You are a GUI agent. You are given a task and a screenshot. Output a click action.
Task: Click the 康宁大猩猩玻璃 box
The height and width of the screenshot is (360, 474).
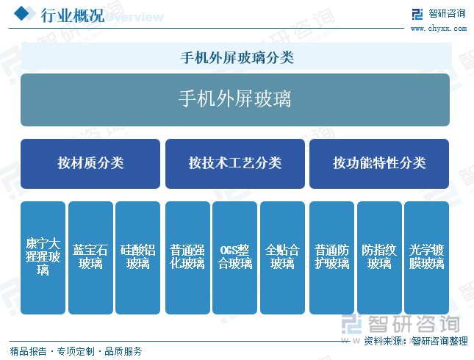tap(43, 258)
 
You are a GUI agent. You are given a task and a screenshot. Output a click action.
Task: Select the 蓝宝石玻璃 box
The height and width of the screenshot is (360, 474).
tap(90, 258)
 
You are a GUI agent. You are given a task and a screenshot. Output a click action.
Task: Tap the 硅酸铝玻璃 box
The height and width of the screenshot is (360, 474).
tap(138, 258)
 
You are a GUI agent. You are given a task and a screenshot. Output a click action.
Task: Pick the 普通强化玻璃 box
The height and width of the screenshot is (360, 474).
tap(187, 258)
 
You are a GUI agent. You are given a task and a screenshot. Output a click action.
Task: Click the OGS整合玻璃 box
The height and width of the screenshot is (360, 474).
tap(235, 258)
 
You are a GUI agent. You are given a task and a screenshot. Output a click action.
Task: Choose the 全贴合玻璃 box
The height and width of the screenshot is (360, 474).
tap(282, 258)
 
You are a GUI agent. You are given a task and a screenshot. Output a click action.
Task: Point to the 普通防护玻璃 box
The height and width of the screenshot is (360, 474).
tap(331, 258)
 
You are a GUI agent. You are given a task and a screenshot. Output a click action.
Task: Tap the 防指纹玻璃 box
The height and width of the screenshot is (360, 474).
tap(379, 258)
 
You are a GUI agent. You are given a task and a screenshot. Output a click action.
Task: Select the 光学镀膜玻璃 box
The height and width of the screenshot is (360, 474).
tap(426, 258)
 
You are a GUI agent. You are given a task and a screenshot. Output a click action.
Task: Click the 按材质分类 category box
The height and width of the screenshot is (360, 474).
tap(90, 164)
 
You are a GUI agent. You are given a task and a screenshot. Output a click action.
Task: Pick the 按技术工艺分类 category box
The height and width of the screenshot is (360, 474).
tap(235, 164)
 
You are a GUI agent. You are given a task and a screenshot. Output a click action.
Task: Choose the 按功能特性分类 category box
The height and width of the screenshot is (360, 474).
tap(379, 164)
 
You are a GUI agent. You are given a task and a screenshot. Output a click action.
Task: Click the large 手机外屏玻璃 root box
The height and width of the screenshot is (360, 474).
tap(235, 100)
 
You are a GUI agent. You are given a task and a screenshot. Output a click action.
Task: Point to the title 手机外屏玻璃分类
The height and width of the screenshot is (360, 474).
tap(237, 57)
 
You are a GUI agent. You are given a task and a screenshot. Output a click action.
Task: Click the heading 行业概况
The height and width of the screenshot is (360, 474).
tap(73, 15)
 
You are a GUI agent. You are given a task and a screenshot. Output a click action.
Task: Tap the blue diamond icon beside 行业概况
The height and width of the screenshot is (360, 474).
tap(21, 14)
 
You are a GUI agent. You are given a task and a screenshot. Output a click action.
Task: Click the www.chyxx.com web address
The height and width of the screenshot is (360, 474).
tap(439, 29)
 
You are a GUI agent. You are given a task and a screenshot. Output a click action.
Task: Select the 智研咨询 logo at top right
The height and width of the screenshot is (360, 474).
tap(439, 14)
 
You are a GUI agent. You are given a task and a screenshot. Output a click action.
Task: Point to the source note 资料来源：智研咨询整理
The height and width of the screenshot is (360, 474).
tap(416, 341)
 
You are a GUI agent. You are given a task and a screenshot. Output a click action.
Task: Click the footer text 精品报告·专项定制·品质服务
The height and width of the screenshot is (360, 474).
tap(76, 351)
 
